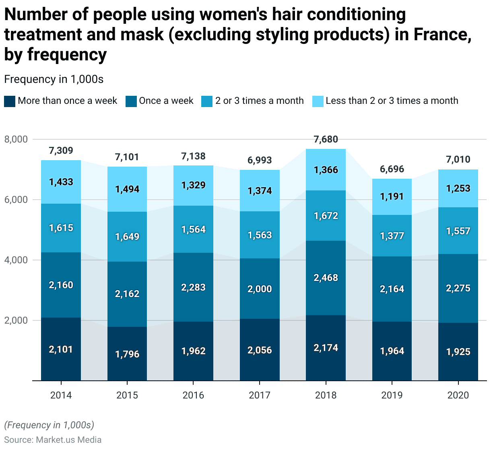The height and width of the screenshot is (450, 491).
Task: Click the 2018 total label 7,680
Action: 326,140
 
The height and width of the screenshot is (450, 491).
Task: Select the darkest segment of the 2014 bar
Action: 61,349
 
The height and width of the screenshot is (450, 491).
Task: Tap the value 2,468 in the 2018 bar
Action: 326,278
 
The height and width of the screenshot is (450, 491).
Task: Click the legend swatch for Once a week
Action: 131,101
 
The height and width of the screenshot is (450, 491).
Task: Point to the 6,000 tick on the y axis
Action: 16,200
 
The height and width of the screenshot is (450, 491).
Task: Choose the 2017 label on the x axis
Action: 260,395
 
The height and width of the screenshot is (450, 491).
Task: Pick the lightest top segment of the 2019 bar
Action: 392,197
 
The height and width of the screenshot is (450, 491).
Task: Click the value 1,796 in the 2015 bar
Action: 127,354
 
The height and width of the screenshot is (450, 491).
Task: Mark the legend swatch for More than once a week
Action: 10,101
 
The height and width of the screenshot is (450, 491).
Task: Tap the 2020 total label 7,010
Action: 458,159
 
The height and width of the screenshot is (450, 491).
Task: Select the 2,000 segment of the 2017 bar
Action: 260,289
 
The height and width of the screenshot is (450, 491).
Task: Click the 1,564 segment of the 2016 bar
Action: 194,229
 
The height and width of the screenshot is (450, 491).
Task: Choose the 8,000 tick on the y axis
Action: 16,139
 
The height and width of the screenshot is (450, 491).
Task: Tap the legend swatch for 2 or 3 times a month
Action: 207,101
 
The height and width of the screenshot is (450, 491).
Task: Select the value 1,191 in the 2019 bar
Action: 392,197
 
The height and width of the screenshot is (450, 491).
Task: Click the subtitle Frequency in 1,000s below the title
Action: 54,79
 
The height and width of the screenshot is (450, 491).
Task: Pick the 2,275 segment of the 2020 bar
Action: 458,288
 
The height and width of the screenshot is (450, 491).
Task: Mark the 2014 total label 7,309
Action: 61,151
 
